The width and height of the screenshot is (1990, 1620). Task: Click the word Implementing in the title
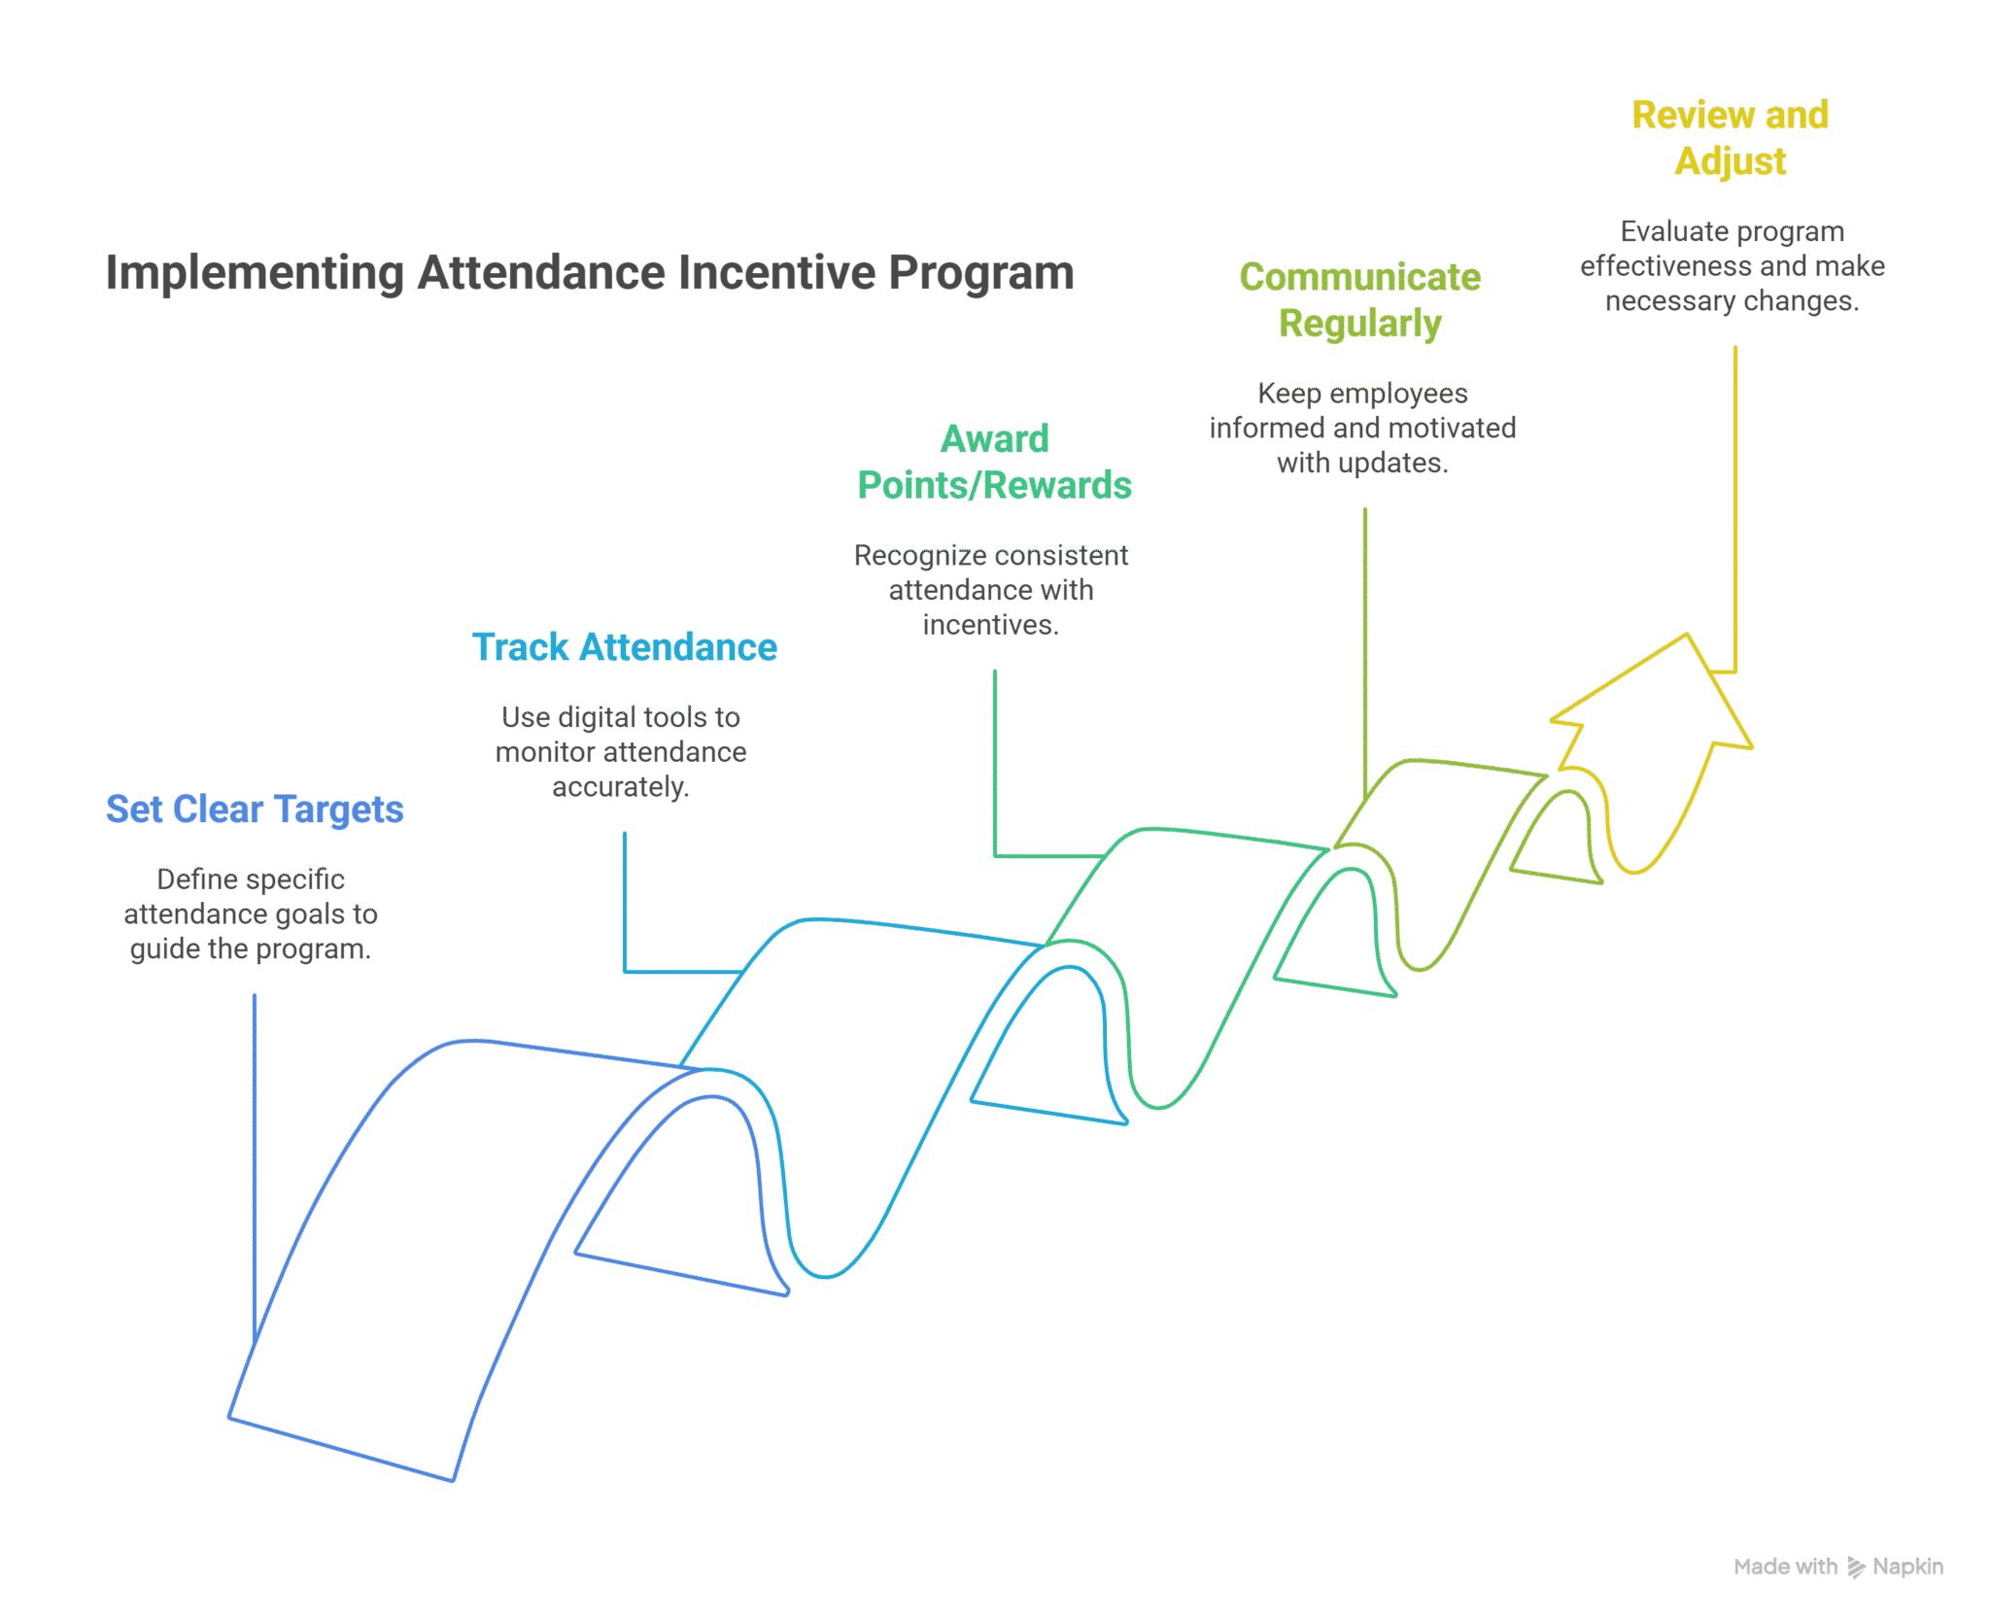(x=255, y=273)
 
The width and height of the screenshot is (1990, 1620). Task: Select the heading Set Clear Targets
(x=255, y=810)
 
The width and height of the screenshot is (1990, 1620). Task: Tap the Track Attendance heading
(x=625, y=647)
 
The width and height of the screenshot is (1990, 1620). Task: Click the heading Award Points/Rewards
(x=994, y=463)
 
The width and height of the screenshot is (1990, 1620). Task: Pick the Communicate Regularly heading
(x=1359, y=300)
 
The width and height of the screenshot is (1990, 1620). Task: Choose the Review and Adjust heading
(x=1730, y=138)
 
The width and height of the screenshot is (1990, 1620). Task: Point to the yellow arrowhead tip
(x=1687, y=638)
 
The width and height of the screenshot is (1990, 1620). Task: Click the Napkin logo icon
(x=1855, y=1567)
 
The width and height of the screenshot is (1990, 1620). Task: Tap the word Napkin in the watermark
(x=1907, y=1567)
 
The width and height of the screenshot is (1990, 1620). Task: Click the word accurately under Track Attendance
(x=620, y=787)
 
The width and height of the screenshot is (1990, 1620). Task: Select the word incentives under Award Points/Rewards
(x=990, y=625)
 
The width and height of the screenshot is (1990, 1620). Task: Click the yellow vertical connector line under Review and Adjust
(x=1735, y=505)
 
